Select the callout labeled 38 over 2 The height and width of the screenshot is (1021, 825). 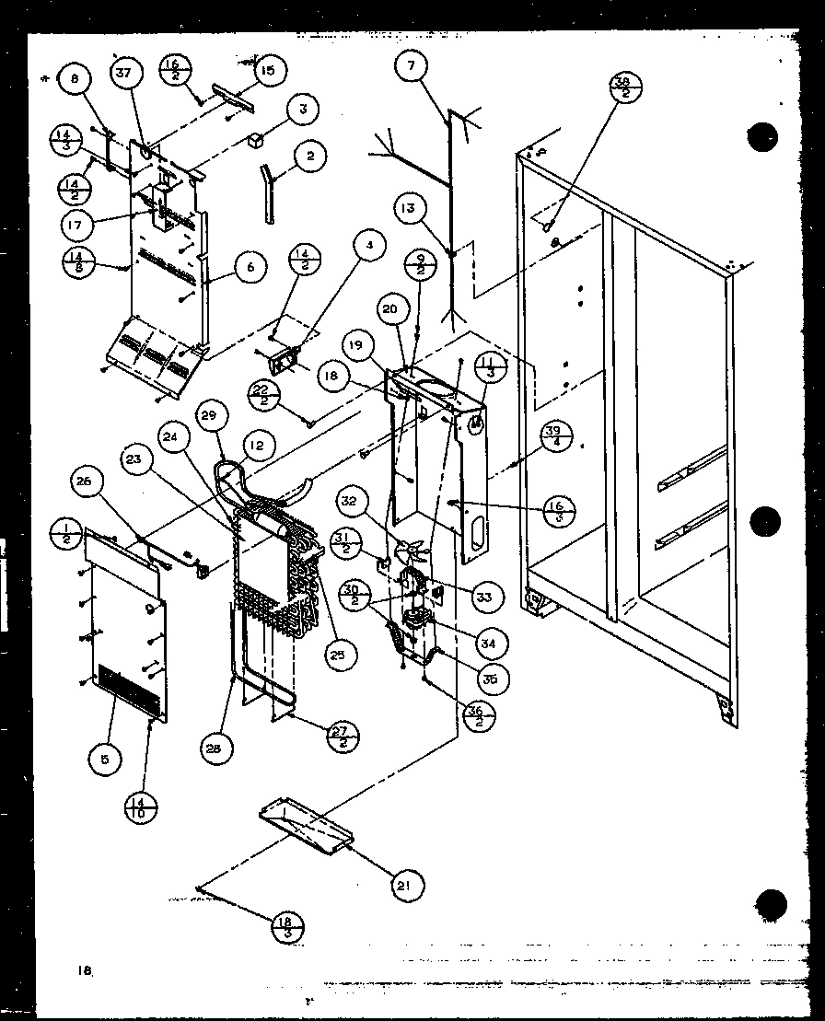click(x=626, y=90)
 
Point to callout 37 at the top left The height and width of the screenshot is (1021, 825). click(x=128, y=75)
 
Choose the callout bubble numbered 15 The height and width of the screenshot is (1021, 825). click(x=271, y=69)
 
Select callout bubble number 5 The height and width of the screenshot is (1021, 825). click(x=104, y=760)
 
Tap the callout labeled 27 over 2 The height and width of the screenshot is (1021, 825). click(x=343, y=736)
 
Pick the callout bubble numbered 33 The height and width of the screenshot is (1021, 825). click(x=484, y=597)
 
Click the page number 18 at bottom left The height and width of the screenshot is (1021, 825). click(x=86, y=969)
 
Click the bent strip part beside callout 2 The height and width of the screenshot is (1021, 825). click(x=269, y=191)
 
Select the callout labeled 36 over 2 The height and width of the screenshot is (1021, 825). click(x=475, y=714)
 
